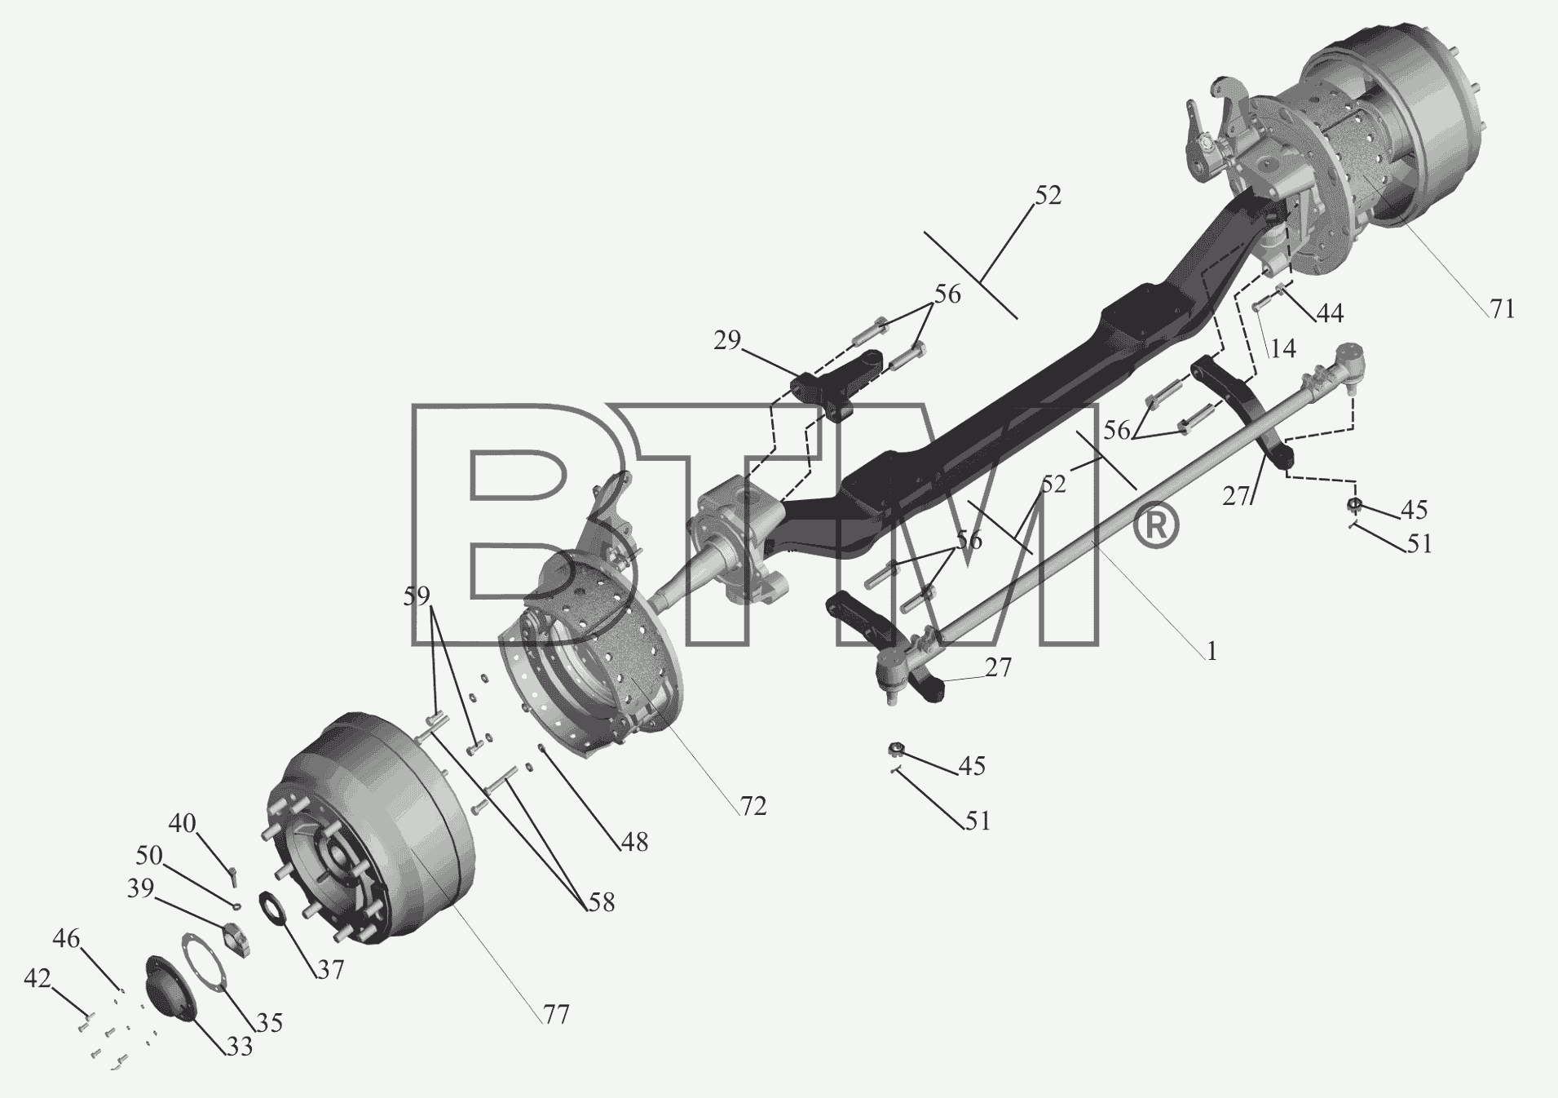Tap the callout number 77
557,1014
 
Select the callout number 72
753,806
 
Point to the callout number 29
727,340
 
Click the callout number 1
1212,651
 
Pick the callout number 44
1330,312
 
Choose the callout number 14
1282,348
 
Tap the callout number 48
634,842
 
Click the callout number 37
330,969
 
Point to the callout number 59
417,596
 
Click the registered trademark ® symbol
1155,526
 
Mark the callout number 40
183,823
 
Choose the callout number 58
601,901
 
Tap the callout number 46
67,939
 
